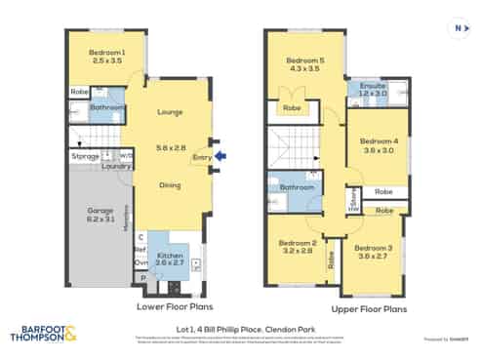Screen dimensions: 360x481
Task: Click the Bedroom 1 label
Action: [107, 52]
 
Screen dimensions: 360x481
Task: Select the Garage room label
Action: [100, 210]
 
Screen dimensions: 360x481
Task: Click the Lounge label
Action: [171, 112]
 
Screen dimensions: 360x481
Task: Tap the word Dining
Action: [171, 184]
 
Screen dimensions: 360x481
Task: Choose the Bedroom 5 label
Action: [306, 60]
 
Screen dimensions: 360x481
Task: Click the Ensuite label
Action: [374, 86]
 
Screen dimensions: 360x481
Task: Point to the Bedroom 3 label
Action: [374, 248]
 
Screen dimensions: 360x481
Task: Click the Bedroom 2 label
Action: [298, 243]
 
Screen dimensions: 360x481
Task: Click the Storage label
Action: [85, 156]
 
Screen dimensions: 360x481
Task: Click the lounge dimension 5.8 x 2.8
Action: [171, 147]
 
